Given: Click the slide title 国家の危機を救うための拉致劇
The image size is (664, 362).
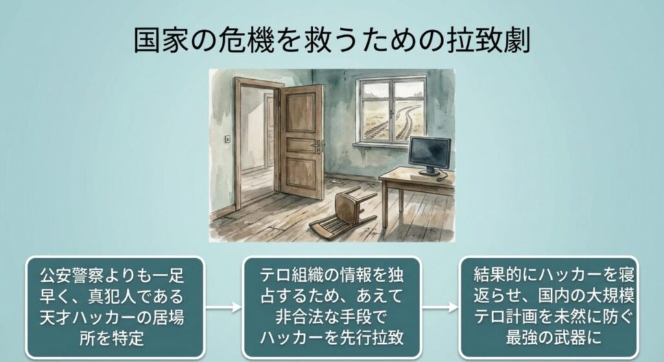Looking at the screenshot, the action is [332, 40].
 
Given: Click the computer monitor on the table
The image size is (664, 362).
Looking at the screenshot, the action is [429, 154].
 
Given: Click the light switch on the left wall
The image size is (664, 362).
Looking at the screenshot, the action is [228, 139].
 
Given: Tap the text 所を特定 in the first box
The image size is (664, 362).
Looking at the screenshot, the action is [112, 338].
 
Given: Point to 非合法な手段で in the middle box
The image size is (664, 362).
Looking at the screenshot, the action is [331, 317].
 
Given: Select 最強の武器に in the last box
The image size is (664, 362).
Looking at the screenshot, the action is [554, 338].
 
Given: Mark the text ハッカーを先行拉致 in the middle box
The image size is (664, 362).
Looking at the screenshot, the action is [331, 338].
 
